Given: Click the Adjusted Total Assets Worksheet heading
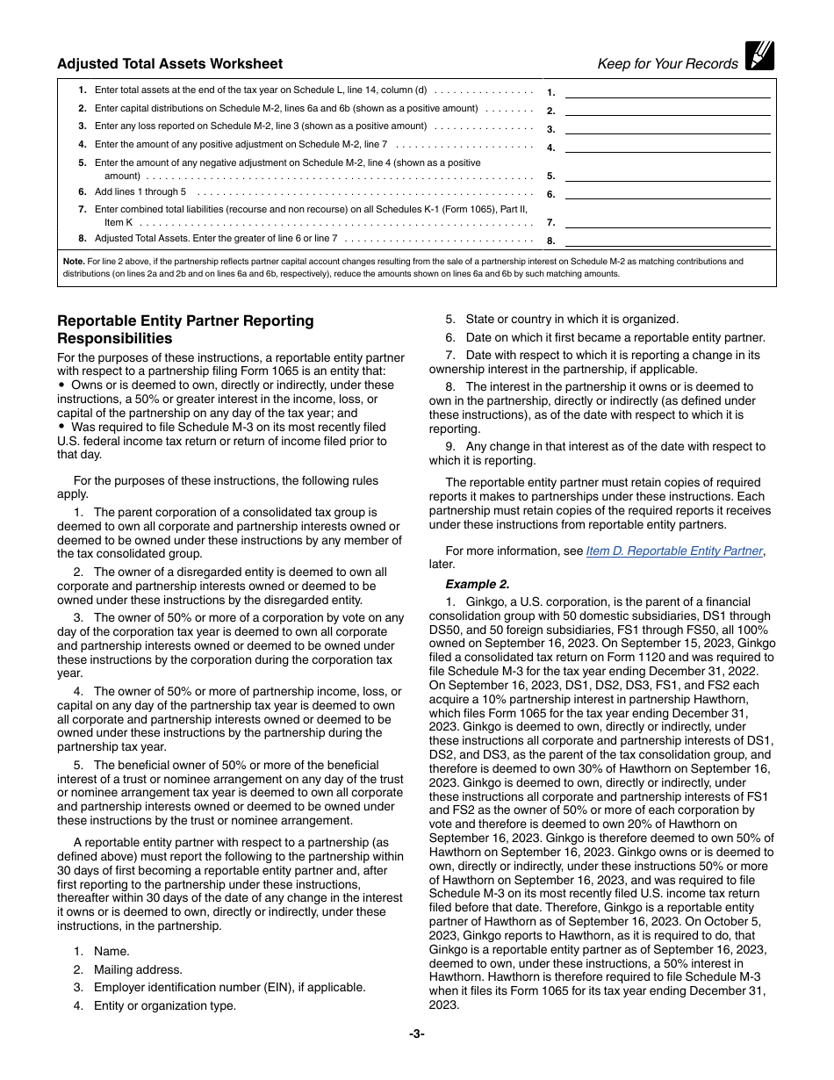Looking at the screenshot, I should pyautogui.click(x=169, y=63).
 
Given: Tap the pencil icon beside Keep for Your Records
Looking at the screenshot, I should pyautogui.click(x=759, y=55).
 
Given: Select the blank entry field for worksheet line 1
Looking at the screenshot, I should pyautogui.click(x=667, y=90).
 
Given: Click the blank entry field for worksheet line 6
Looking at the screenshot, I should pyautogui.click(x=667, y=193).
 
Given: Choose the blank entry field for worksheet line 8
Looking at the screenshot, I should pyautogui.click(x=667, y=239).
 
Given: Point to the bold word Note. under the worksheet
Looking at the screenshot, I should pyautogui.click(x=74, y=261).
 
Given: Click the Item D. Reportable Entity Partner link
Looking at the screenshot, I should pyautogui.click(x=674, y=551).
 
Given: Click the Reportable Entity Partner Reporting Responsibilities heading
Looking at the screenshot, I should pyautogui.click(x=185, y=329).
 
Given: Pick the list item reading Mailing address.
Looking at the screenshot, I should pyautogui.click(x=138, y=969).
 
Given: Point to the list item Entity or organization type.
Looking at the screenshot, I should pyautogui.click(x=165, y=1005).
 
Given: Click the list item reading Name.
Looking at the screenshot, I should pyautogui.click(x=111, y=951).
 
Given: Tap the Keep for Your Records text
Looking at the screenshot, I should pyautogui.click(x=667, y=63).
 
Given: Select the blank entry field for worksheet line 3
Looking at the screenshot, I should pyautogui.click(x=667, y=127).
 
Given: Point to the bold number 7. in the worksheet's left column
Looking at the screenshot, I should pyautogui.click(x=82, y=209).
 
